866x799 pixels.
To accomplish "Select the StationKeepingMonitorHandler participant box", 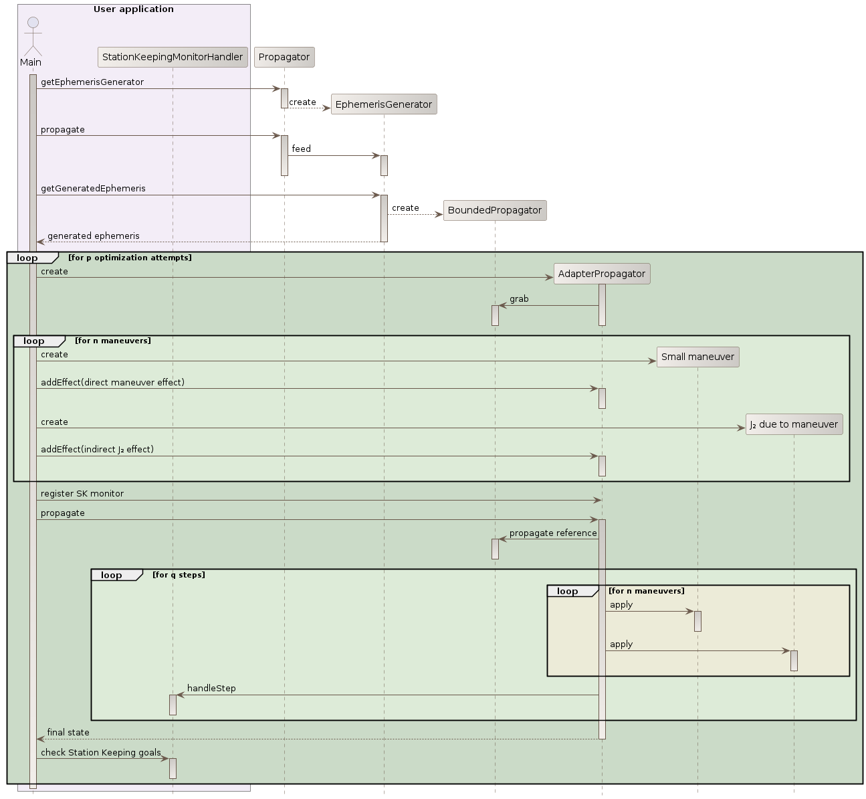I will click(x=173, y=57).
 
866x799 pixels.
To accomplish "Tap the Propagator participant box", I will click(x=284, y=57).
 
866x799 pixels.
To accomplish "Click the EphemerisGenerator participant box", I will click(x=383, y=104).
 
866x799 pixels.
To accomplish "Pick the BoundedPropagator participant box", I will click(x=495, y=210).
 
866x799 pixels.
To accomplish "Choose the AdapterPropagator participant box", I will click(x=602, y=274).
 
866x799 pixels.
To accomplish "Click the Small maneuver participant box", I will click(x=697, y=357).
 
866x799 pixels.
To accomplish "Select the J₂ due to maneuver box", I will click(x=794, y=424).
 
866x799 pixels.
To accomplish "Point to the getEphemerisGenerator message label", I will click(x=92, y=82).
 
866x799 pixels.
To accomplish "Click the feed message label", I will click(x=301, y=149).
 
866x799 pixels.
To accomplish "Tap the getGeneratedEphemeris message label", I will click(x=93, y=188).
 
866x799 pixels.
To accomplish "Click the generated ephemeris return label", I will click(x=94, y=236).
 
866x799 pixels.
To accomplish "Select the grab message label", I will click(x=519, y=298).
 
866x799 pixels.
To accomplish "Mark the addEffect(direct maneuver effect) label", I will click(x=112, y=382).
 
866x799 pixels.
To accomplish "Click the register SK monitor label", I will click(x=82, y=493).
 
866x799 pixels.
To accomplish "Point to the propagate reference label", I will click(x=553, y=533).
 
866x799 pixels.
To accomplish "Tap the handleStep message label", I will click(x=211, y=688).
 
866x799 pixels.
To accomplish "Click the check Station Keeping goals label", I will click(x=101, y=752).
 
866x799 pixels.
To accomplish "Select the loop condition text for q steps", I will click(x=179, y=575).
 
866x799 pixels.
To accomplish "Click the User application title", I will click(x=134, y=9).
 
